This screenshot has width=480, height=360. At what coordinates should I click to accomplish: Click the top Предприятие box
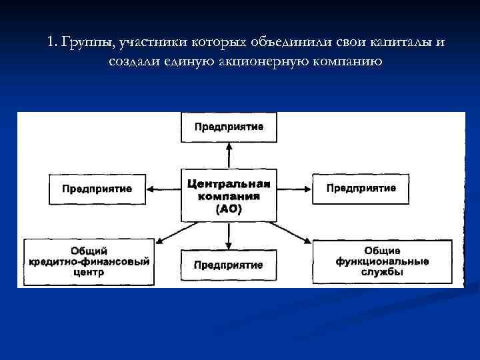click(x=229, y=127)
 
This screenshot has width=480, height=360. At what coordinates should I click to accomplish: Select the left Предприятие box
click(x=97, y=189)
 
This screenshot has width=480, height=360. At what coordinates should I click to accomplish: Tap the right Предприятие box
click(x=361, y=188)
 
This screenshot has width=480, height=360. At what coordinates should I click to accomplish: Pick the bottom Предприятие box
click(x=229, y=265)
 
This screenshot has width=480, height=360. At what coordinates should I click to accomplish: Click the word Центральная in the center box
click(x=229, y=184)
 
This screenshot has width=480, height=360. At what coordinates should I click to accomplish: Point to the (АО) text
click(x=229, y=209)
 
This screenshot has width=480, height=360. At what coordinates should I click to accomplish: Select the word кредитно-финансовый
click(x=89, y=261)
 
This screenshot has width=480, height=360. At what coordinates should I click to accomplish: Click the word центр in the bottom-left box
click(x=89, y=273)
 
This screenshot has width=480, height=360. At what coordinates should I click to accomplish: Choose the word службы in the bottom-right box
click(x=382, y=273)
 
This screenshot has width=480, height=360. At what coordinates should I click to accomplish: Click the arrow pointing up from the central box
click(x=229, y=156)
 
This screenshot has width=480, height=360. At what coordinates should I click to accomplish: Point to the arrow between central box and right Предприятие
click(x=294, y=189)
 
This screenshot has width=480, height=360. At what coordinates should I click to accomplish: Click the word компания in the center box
click(x=229, y=197)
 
